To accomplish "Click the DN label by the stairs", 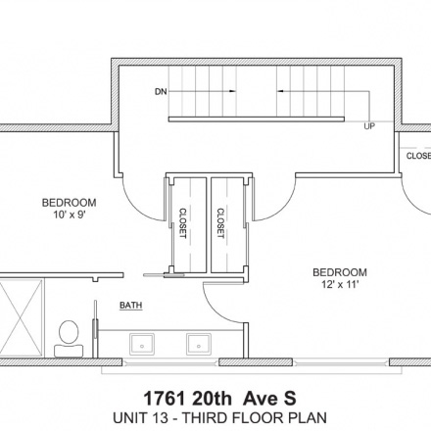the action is [x=161, y=92].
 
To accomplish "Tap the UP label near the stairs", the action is [x=369, y=126].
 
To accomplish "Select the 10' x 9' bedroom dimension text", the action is [x=70, y=215].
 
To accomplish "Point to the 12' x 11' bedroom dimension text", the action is [x=340, y=284].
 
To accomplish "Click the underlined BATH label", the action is [x=131, y=306].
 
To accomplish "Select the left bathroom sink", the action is [x=142, y=344].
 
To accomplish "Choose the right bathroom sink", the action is [x=199, y=344].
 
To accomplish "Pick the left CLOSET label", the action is [x=183, y=223].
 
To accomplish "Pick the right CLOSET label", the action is [x=220, y=223].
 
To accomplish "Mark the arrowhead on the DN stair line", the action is [x=232, y=91].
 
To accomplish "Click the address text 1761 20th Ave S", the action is [x=219, y=399].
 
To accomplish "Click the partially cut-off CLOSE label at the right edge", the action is [x=418, y=156].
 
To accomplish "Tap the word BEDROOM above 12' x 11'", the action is [x=340, y=272].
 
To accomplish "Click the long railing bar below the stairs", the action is [x=257, y=120].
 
